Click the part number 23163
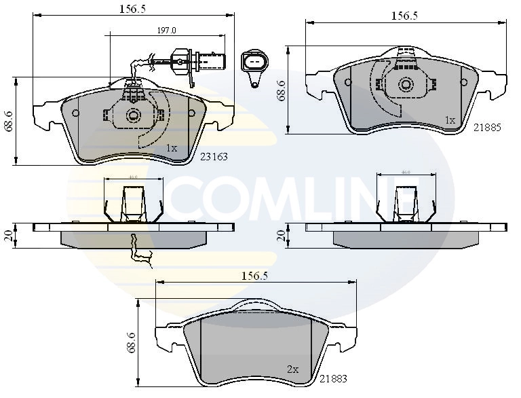(x=213, y=156)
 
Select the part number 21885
(x=486, y=127)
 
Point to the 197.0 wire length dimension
(x=167, y=31)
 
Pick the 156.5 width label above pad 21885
(x=405, y=16)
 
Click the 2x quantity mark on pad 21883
(x=292, y=369)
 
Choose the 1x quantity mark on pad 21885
(x=449, y=120)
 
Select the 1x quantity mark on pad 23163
(x=172, y=148)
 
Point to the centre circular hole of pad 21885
(x=406, y=85)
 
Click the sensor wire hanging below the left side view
(x=140, y=249)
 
